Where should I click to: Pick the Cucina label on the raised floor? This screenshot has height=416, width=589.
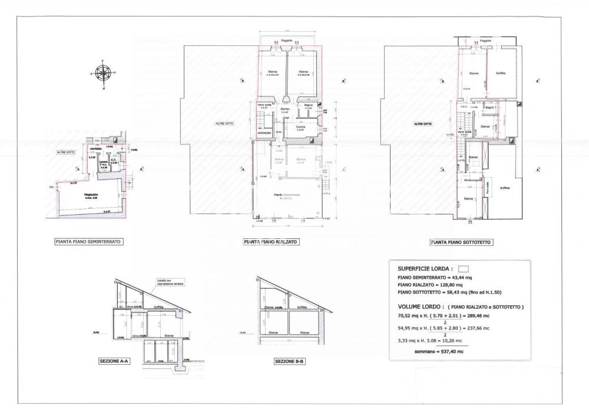coord(300,127)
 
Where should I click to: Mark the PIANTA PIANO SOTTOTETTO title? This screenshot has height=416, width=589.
coord(461,241)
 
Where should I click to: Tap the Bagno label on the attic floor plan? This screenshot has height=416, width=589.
coord(488,107)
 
